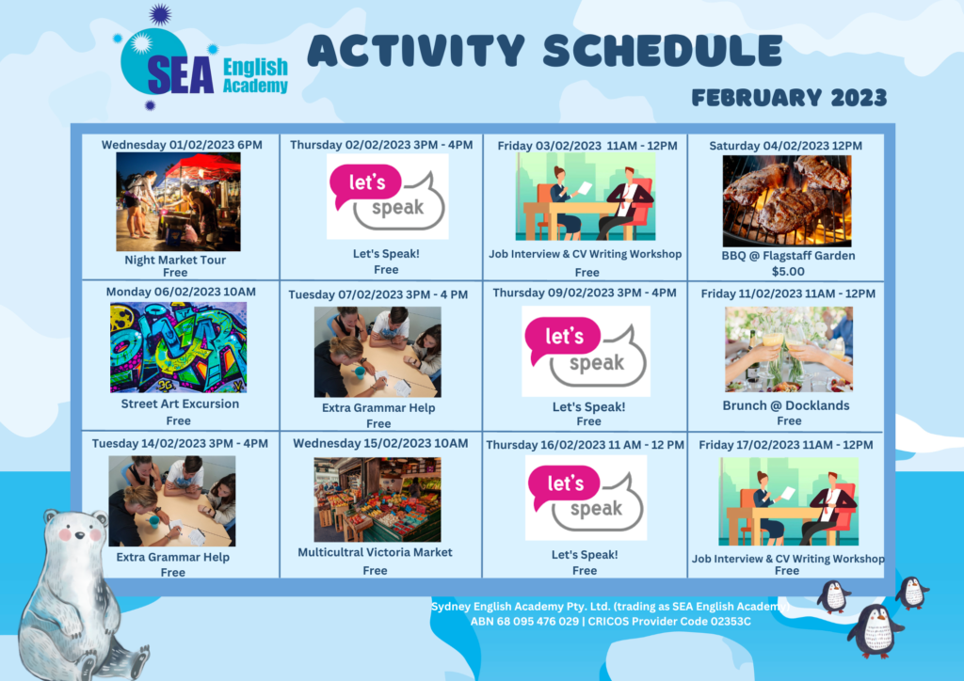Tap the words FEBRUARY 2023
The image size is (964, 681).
(x=790, y=98)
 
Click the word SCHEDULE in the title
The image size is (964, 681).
(x=663, y=50)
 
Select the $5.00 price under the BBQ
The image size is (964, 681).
(x=788, y=272)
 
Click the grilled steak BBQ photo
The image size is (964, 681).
(x=787, y=200)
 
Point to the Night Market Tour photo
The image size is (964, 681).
(x=178, y=201)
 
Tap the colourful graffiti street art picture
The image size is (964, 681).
(x=178, y=347)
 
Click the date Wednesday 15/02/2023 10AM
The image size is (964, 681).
(x=380, y=443)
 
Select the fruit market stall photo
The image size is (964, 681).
(x=378, y=499)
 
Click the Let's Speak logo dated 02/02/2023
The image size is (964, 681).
(x=387, y=197)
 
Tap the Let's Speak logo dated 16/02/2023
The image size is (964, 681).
(x=586, y=498)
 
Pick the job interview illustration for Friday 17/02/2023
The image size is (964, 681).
(x=788, y=501)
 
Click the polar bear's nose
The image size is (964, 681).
(x=78, y=536)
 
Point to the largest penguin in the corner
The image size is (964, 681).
(x=876, y=630)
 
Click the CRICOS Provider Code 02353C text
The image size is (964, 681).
(x=669, y=622)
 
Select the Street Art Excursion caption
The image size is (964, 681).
(x=180, y=404)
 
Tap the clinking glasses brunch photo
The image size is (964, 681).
(x=789, y=349)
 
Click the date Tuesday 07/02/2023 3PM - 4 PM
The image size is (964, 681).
(x=378, y=294)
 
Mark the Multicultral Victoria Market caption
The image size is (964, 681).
(x=375, y=553)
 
